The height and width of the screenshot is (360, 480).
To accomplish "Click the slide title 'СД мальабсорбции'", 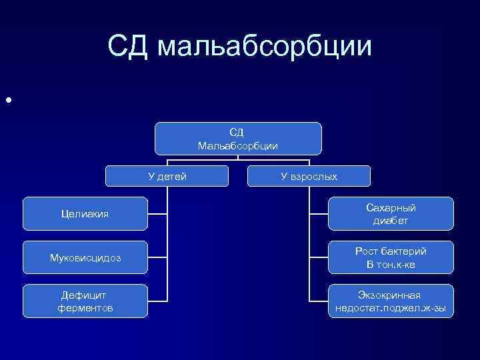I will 239,47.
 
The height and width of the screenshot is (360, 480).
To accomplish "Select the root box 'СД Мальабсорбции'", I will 238,139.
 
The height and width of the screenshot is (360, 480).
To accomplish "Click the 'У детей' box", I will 167,176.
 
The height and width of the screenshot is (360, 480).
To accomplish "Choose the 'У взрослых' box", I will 309,176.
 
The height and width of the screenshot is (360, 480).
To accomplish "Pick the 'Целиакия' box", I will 85,214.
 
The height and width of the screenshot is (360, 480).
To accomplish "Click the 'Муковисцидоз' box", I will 85,257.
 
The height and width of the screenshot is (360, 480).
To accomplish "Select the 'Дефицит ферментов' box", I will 85,301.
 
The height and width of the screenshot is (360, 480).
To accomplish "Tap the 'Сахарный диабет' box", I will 391,214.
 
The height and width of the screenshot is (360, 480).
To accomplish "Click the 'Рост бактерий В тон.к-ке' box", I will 391,257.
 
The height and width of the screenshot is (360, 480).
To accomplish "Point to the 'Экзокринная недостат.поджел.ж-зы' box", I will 391,301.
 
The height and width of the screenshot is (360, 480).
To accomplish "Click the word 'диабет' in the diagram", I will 391,221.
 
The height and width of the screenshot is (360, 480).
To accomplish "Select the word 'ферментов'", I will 85,308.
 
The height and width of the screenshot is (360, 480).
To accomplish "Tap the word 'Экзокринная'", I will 389,295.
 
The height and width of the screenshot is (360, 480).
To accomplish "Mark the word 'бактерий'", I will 405,251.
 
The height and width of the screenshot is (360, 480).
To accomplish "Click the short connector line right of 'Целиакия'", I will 157,214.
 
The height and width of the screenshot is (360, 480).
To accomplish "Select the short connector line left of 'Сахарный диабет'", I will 318,214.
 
